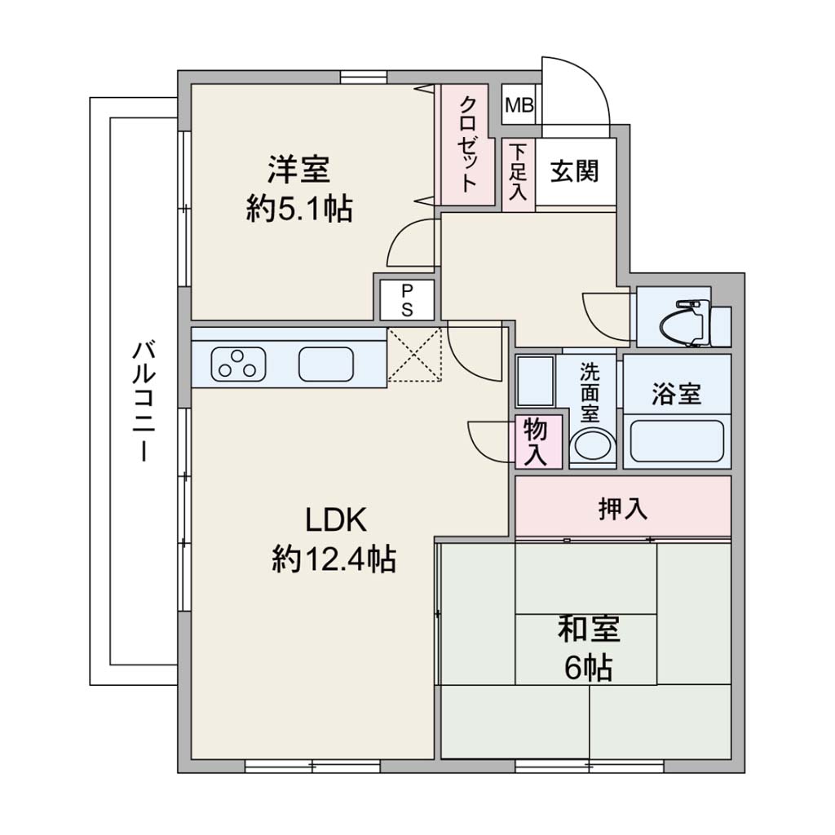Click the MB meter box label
coord(519,105)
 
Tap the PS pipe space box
coord(407,300)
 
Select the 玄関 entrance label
coord(575,171)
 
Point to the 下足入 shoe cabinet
coord(518,175)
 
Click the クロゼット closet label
coord(468,144)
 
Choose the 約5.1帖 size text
coord(298,209)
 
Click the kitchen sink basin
coord(326,364)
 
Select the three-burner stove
coord(239,364)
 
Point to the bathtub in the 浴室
coord(677,441)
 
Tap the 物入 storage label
coord(536,442)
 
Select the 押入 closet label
coord(623,508)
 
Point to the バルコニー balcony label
coord(144,401)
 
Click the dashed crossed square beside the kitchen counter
coord(414,355)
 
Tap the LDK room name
coord(336,520)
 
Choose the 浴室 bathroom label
coord(677,394)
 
